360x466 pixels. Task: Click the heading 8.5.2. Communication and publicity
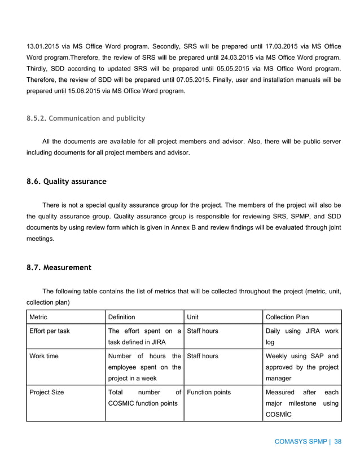pos(86,118)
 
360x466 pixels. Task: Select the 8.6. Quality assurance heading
pos(67,182)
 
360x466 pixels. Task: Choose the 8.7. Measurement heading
pos(59,267)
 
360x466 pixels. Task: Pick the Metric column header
pos(38,317)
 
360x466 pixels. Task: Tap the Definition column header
pos(121,317)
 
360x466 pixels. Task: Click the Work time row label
pos(43,357)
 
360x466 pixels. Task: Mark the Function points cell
pos(209,392)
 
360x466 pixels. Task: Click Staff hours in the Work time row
pos(202,357)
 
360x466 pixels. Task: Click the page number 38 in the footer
pos(338,442)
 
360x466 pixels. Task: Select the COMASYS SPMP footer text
pos(300,442)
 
